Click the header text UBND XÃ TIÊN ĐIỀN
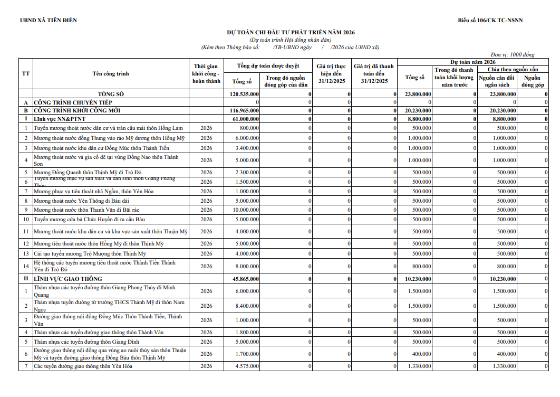48,21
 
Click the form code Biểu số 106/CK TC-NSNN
490,21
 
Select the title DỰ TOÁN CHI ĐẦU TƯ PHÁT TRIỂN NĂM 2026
291,33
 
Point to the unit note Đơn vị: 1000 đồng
512,54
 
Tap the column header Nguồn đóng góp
532,81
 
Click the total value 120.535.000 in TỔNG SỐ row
245,94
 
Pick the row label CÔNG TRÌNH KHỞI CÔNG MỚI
77,110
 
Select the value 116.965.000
245,110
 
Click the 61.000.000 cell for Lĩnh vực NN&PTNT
246,119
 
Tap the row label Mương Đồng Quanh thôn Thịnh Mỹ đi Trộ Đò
88,172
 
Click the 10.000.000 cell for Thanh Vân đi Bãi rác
246,210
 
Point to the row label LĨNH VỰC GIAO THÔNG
68,279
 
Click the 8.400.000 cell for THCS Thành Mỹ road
248,306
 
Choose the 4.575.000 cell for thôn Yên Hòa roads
248,366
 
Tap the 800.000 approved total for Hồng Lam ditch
249,128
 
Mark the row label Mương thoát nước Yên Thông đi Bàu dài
81,201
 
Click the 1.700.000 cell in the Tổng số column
248,354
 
